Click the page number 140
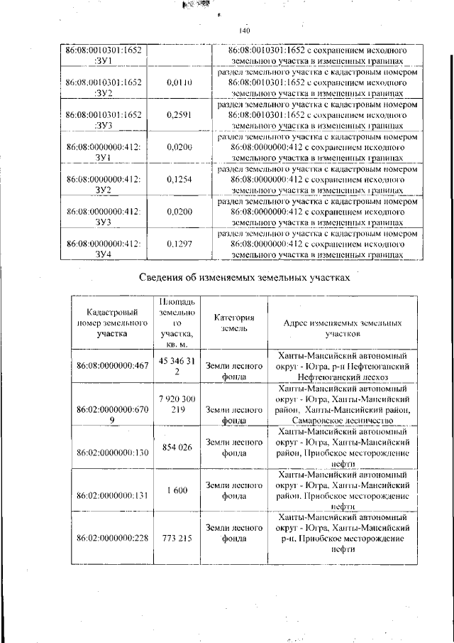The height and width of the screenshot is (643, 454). click(x=245, y=30)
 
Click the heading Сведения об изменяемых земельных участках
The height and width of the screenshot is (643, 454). click(x=245, y=278)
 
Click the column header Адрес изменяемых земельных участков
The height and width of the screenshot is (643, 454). click(x=343, y=328)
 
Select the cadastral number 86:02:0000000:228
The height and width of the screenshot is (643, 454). click(x=112, y=538)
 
